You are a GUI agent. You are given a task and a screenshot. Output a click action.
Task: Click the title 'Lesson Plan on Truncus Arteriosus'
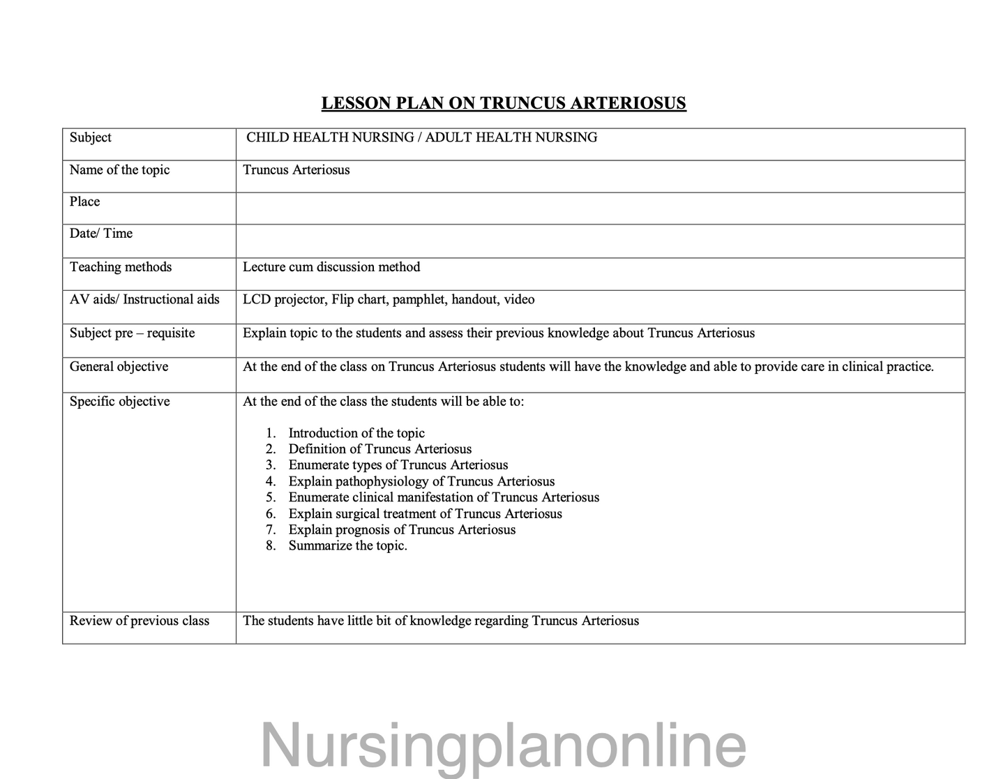(503, 103)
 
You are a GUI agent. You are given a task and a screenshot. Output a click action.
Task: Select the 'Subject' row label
(91, 137)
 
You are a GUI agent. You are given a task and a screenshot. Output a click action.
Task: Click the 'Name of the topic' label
(119, 170)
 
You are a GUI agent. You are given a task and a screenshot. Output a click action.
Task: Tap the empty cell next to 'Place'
(600, 208)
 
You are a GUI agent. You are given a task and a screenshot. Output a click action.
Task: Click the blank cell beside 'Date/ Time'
(600, 241)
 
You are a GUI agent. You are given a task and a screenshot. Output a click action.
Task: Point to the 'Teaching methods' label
(121, 267)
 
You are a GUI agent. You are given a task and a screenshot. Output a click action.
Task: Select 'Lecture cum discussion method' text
(331, 267)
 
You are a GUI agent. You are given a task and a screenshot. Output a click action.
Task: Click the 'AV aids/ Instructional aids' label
(144, 300)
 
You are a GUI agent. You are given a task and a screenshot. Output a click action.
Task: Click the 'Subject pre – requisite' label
(132, 333)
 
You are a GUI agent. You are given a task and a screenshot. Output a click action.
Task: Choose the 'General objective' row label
(119, 367)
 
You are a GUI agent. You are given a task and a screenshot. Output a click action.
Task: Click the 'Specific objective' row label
(119, 402)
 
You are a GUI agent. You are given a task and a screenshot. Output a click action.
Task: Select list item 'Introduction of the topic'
(356, 433)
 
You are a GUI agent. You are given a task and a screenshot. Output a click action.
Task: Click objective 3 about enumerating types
(398, 465)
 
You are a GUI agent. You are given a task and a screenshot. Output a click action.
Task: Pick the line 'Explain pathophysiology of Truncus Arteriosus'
(421, 481)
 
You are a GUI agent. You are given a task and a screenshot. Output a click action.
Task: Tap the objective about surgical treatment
(425, 514)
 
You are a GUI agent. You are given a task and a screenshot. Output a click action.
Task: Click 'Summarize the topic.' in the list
(348, 546)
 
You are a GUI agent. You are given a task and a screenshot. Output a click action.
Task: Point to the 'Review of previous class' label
(140, 621)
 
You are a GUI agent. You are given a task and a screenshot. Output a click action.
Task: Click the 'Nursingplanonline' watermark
(503, 745)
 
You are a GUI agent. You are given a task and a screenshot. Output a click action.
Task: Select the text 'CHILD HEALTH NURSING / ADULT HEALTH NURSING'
(421, 137)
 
